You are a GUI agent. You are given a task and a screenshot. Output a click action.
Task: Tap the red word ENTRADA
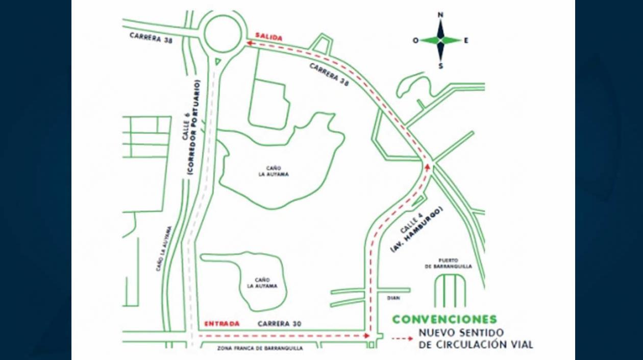click(222, 324)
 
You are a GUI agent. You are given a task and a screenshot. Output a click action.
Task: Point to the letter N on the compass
click(441, 15)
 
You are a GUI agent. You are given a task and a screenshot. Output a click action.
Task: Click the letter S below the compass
click(441, 65)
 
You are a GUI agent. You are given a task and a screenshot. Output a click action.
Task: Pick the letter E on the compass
click(466, 40)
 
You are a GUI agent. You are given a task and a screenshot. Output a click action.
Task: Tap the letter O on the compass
click(415, 40)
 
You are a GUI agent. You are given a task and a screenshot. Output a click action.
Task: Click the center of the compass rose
click(441, 40)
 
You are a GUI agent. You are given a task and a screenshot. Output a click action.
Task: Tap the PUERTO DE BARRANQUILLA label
click(451, 263)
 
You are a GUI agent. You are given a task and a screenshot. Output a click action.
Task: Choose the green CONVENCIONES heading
click(444, 320)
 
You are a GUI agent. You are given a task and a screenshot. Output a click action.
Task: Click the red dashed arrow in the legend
click(403, 339)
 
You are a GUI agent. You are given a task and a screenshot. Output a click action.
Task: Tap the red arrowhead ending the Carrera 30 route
click(366, 335)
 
